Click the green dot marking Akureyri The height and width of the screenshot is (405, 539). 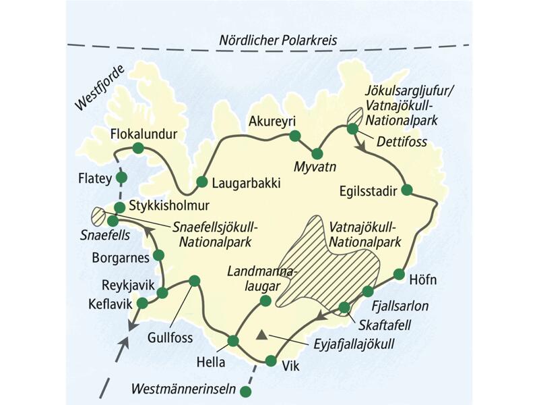[x=294, y=136]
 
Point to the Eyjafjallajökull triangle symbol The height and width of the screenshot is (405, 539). [x=261, y=334]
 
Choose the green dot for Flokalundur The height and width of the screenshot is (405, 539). [x=138, y=148]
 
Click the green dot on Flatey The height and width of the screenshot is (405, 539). [x=121, y=178]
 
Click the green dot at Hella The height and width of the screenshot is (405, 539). [x=233, y=341]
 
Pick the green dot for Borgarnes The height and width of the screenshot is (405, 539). [x=159, y=255]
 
